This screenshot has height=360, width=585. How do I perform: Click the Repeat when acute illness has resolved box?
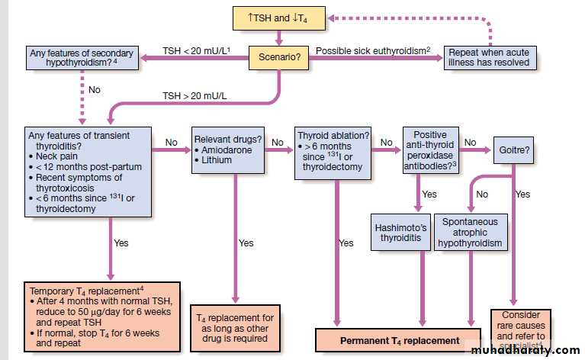488,57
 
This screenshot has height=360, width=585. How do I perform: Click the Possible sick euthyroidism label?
372,50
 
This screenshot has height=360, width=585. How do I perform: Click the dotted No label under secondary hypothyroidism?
95,89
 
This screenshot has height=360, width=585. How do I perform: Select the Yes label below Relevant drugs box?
246,243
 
